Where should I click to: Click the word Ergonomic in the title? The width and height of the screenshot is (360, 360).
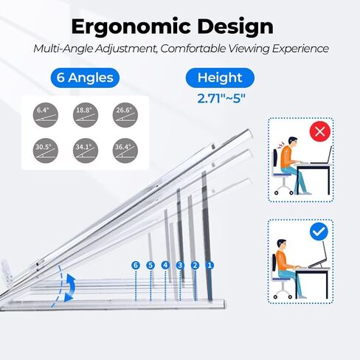coord(131,27)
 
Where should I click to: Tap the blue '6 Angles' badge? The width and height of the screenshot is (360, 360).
coord(85,77)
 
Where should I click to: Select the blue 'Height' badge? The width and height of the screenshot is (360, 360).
coord(220,77)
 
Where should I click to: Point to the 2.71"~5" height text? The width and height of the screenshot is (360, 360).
coord(221,99)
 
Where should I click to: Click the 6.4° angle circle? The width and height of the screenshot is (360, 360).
coord(46,115)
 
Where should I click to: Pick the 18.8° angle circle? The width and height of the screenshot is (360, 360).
coord(86,115)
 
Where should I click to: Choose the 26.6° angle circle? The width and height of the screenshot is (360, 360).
coord(125,115)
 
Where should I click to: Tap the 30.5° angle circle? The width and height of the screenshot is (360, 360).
coord(46,150)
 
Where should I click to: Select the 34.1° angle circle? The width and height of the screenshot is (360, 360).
coord(86,150)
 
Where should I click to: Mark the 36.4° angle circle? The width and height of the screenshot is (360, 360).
coord(125,150)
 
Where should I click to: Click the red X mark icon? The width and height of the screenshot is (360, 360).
coord(320,131)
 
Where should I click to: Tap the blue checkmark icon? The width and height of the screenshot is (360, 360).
coord(319,232)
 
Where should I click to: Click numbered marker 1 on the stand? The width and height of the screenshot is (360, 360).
coord(210,266)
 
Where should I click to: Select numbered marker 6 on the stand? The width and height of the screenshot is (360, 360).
coord(136,266)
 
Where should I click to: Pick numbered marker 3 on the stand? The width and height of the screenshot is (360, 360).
coord(180,266)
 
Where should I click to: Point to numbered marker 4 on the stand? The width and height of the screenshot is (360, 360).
coord(165,266)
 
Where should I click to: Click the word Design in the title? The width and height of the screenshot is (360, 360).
coord(235,27)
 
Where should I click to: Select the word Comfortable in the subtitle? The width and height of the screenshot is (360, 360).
coord(193,49)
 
